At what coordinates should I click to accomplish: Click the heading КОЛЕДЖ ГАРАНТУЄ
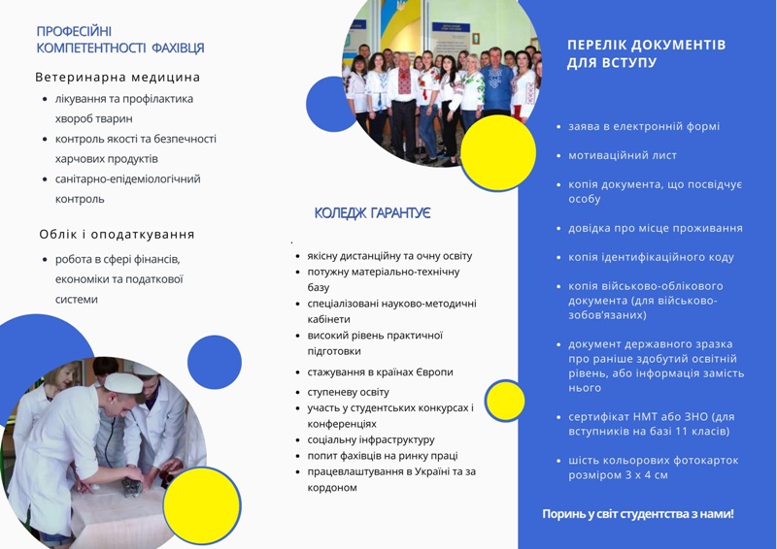[372, 212]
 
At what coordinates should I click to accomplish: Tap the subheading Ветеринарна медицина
[118, 78]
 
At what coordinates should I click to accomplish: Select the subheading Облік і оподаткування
[117, 234]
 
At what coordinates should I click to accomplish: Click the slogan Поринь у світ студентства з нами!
[638, 514]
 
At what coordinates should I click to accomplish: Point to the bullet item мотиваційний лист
[623, 155]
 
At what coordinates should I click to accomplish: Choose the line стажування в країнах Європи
[380, 371]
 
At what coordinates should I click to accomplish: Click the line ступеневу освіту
[348, 392]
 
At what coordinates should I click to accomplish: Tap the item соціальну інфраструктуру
[371, 439]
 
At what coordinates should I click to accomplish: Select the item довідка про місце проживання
[655, 228]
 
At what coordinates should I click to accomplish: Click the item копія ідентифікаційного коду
[651, 257]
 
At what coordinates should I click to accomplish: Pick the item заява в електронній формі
[644, 126]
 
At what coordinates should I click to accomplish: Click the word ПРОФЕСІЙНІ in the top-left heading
[74, 31]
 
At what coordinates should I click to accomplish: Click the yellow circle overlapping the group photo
[498, 152]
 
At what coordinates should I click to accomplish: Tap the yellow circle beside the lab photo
[202, 505]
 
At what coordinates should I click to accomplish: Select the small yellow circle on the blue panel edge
[505, 401]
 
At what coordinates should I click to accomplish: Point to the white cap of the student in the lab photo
[123, 383]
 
